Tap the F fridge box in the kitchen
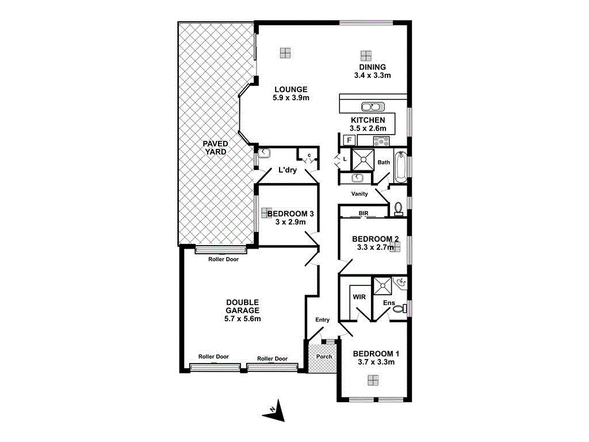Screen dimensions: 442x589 (x=349, y=140)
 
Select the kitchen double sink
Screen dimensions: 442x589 (x=372, y=106)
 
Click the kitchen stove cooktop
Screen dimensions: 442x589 (x=381, y=140)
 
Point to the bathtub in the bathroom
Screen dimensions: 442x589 (x=400, y=165)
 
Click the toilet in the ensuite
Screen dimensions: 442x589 (x=399, y=309)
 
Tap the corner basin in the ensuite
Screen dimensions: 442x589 (x=402, y=283)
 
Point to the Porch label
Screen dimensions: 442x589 (x=324, y=356)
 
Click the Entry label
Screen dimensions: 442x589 (x=322, y=320)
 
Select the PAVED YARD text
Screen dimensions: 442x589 (x=215, y=147)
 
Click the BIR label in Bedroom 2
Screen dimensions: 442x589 (x=363, y=213)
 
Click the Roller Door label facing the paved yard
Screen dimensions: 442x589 (x=223, y=259)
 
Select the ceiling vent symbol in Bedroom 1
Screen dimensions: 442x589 (x=373, y=380)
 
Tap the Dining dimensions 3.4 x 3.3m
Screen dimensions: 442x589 (x=373, y=75)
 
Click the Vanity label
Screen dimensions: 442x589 (x=359, y=194)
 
